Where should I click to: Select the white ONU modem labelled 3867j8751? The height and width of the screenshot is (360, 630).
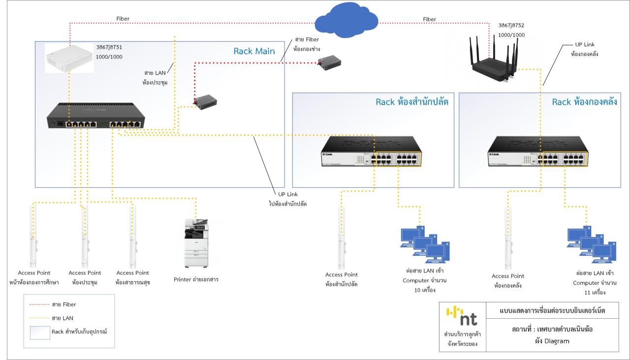pyautogui.click(x=69, y=58)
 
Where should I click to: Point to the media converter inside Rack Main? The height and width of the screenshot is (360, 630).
pyautogui.click(x=204, y=102)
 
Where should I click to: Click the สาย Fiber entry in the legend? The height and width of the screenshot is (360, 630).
pyautogui.click(x=61, y=305)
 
